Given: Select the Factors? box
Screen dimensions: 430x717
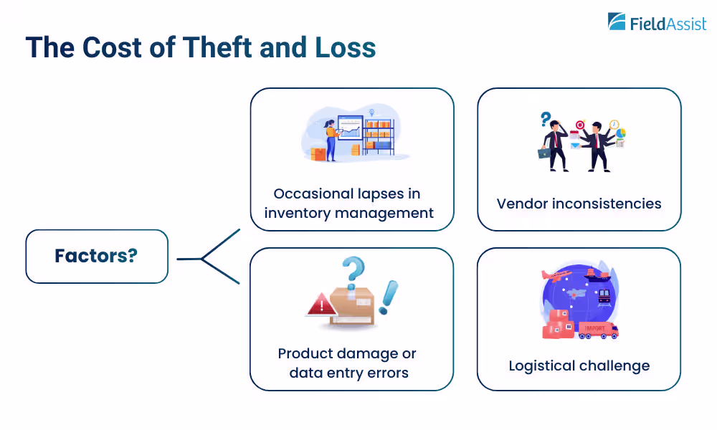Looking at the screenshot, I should pyautogui.click(x=97, y=256).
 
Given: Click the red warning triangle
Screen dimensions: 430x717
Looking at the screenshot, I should pyautogui.click(x=320, y=305).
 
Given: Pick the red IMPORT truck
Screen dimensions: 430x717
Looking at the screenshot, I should pyautogui.click(x=597, y=330).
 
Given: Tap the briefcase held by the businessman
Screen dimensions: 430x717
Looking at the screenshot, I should pyautogui.click(x=545, y=152).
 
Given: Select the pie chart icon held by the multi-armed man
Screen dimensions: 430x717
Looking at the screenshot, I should pyautogui.click(x=620, y=133).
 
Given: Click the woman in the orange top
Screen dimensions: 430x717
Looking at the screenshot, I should pyautogui.click(x=331, y=139).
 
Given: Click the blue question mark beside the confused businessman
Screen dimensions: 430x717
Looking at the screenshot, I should pyautogui.click(x=546, y=118).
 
